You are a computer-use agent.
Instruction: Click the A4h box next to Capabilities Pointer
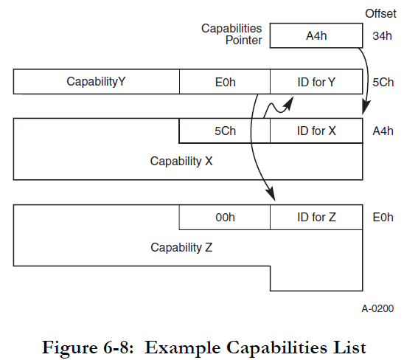[317, 34]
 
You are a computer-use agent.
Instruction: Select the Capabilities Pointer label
[231, 34]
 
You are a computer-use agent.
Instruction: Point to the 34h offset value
[382, 35]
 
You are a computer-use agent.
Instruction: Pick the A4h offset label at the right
[382, 131]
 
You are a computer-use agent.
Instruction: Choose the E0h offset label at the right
[382, 218]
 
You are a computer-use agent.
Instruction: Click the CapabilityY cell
[97, 82]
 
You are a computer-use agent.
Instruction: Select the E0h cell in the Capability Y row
[225, 82]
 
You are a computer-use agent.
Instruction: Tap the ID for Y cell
[317, 82]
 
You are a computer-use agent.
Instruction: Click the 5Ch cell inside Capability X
[225, 131]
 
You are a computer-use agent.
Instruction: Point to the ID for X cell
[317, 131]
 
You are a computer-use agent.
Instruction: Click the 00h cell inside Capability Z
[225, 218]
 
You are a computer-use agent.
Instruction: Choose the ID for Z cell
[317, 218]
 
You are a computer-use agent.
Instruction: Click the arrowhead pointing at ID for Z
[271, 196]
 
